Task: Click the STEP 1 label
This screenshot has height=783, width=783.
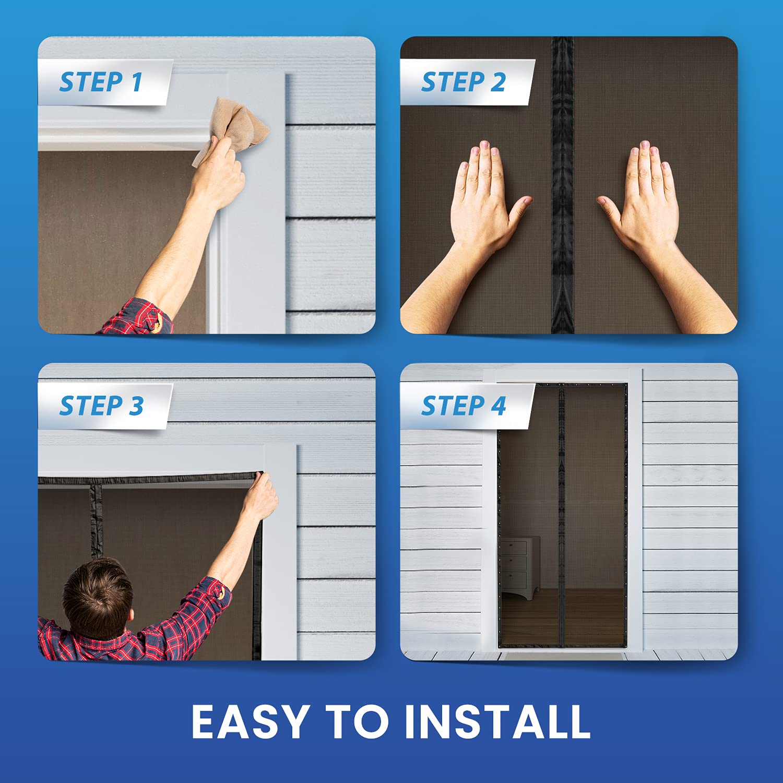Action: [101, 82]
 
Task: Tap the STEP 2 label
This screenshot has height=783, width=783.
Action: [464, 82]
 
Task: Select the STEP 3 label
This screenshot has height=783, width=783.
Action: [101, 406]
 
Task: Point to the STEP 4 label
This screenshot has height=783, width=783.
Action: [464, 406]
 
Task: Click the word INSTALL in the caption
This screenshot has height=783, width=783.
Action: [497, 721]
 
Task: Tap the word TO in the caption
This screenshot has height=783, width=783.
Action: [354, 721]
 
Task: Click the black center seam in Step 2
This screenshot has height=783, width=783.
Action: [563, 185]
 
